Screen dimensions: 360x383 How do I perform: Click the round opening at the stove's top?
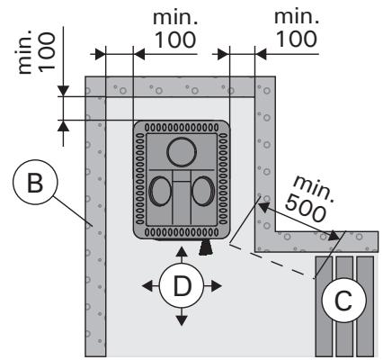click(x=181, y=152)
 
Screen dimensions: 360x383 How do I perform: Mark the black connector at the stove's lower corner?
click(x=206, y=245)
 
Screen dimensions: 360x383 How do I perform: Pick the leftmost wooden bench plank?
click(x=324, y=306)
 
